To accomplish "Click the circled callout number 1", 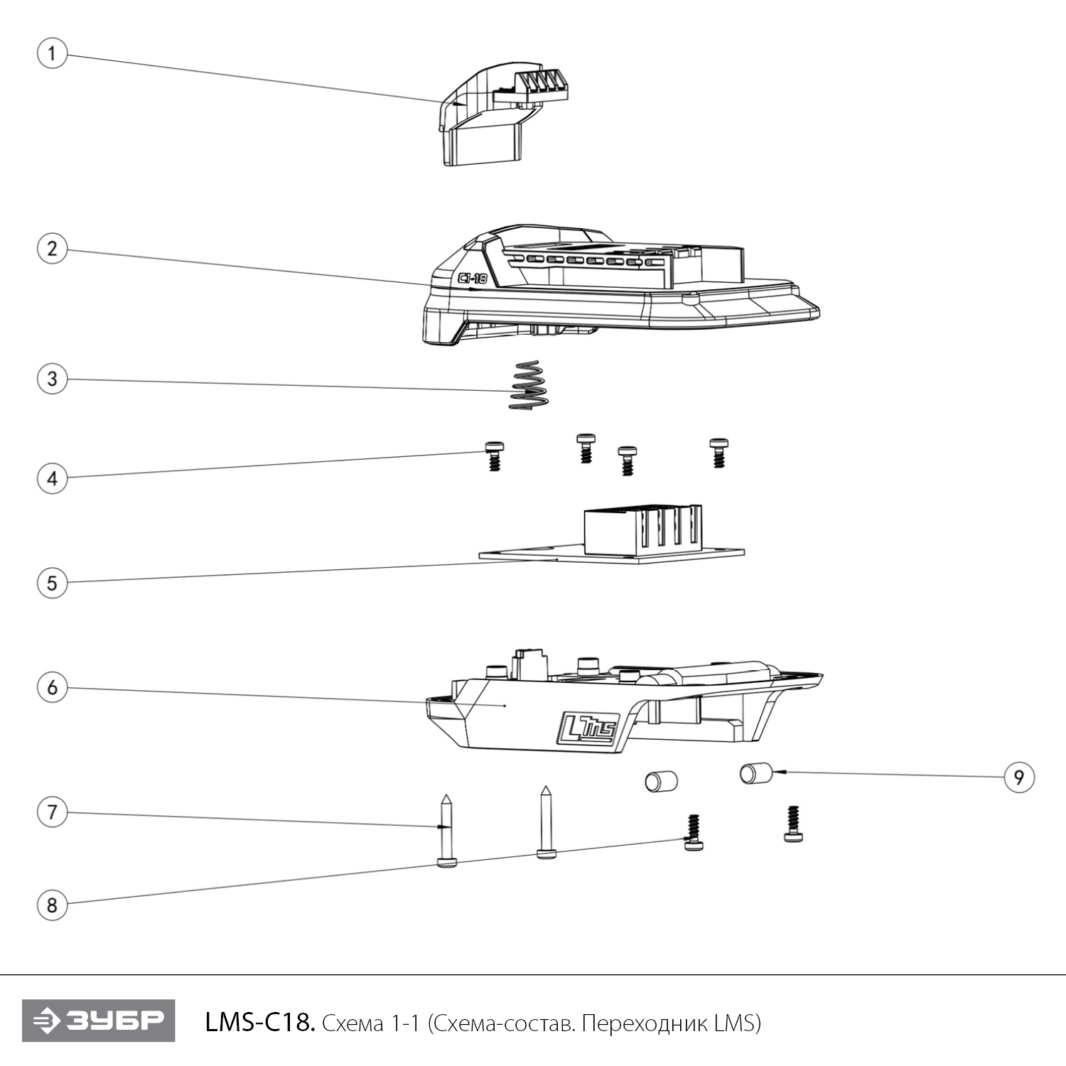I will [x=52, y=54].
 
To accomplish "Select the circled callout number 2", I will [x=52, y=249].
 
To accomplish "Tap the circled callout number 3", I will [x=52, y=378].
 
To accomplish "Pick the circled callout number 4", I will [x=52, y=478].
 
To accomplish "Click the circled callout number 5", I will [x=52, y=583].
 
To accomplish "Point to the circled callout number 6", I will [x=52, y=688].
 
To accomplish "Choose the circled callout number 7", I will [x=52, y=812].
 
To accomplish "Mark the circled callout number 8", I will [x=52, y=905].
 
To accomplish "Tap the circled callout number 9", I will [x=1018, y=777].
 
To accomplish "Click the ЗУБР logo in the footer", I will [x=98, y=1021].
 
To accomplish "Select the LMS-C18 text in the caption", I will [x=259, y=1023].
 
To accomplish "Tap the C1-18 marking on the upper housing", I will [x=473, y=279].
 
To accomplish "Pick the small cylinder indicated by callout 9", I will [x=756, y=772].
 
